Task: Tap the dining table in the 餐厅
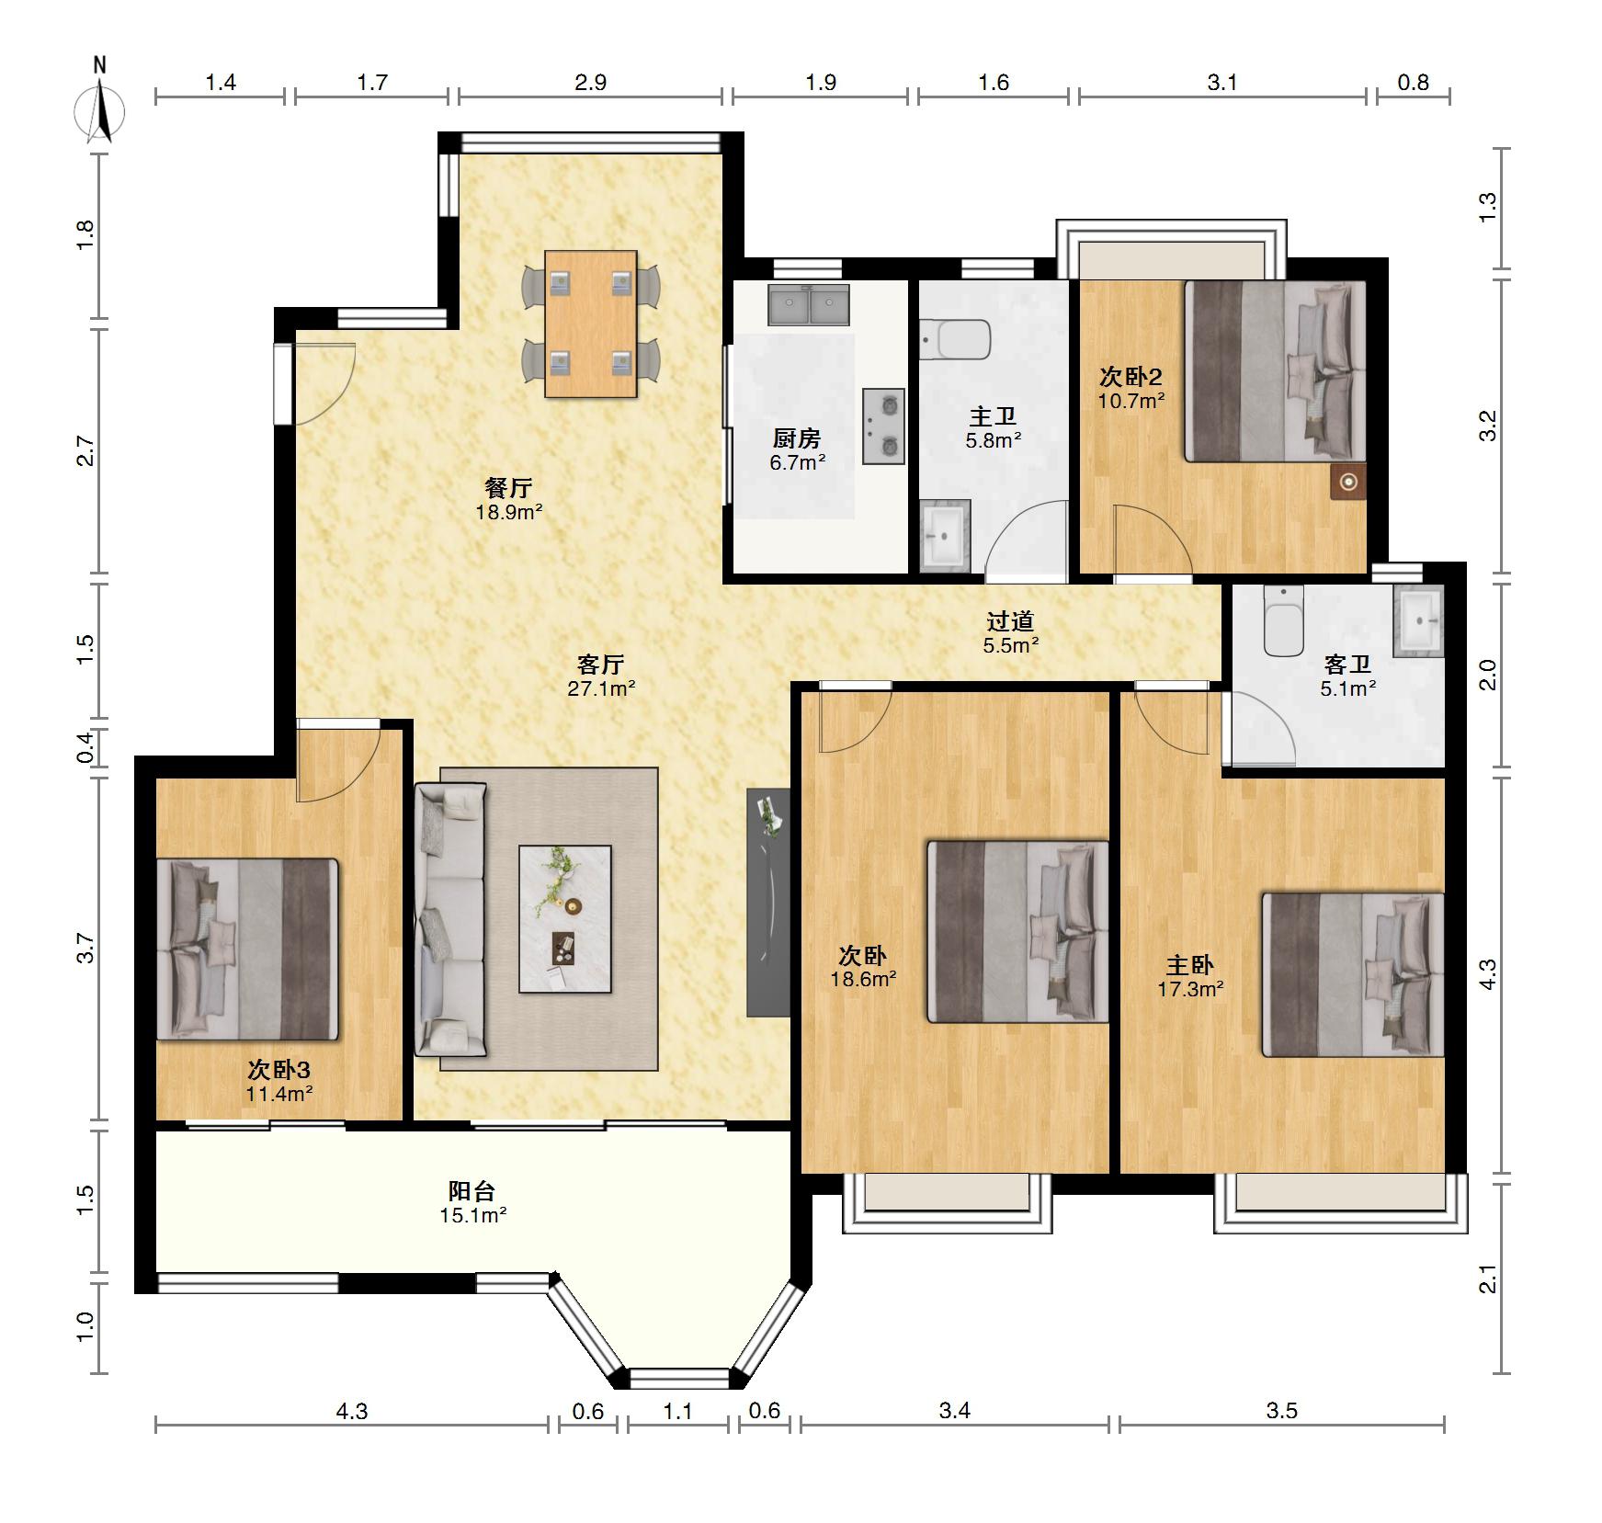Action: (x=590, y=324)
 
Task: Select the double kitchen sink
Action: (x=809, y=304)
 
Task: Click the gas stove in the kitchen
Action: (x=883, y=426)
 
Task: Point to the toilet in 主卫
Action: (x=955, y=339)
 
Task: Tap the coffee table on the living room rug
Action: (x=565, y=918)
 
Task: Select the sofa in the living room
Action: (x=450, y=918)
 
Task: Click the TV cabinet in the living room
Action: (x=768, y=902)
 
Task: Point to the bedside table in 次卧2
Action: (x=1348, y=482)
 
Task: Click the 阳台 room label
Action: (x=472, y=1190)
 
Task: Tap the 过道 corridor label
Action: (x=1011, y=621)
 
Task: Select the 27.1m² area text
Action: (x=602, y=688)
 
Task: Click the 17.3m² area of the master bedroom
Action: (x=1190, y=989)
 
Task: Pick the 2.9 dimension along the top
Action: (x=591, y=83)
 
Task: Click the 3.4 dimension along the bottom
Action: (x=955, y=1411)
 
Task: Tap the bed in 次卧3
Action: (x=248, y=949)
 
